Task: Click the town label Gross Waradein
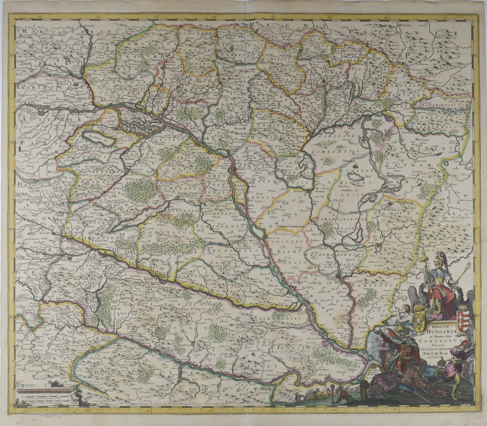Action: point(398,207)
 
